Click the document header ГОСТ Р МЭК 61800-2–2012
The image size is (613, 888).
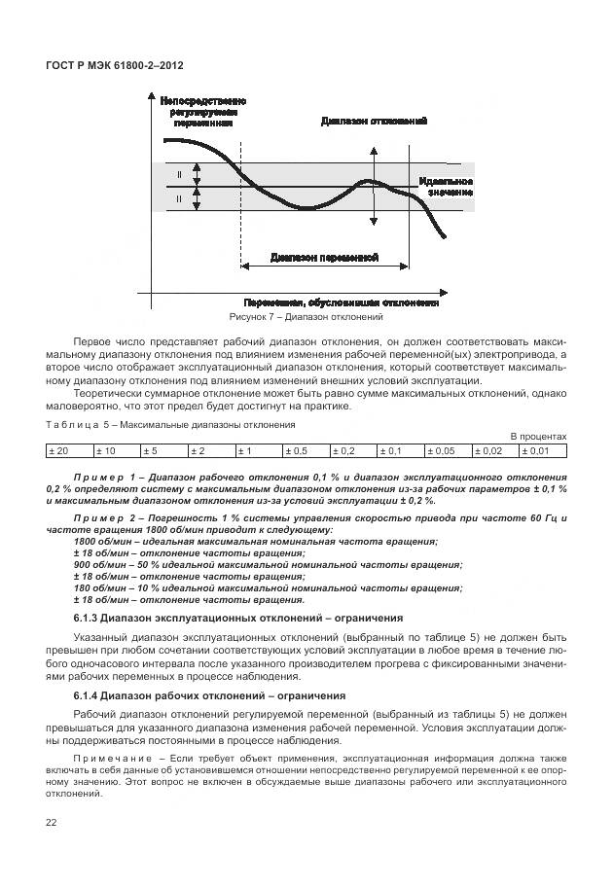click(x=115, y=65)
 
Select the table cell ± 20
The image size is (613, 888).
click(x=68, y=451)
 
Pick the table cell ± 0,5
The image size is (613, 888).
click(x=306, y=451)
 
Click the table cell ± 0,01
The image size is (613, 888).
click(x=543, y=451)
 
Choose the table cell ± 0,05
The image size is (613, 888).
click(x=448, y=451)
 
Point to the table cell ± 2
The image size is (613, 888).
click(x=210, y=451)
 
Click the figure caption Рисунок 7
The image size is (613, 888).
click(x=306, y=317)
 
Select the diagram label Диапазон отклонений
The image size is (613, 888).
click(x=375, y=122)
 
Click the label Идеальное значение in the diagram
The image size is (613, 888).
click(x=447, y=187)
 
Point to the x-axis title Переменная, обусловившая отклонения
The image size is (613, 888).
click(x=341, y=302)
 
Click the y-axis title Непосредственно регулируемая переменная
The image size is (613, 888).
click(x=202, y=112)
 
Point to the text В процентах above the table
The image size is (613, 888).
click(x=538, y=437)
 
